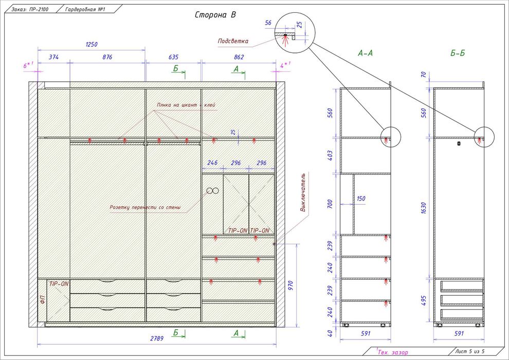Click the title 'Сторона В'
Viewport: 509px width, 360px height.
click(x=215, y=15)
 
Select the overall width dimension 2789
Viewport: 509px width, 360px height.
click(x=157, y=338)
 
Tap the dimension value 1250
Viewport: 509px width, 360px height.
click(x=92, y=44)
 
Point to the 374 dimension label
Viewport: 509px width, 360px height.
click(x=53, y=57)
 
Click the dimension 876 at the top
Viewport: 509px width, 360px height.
click(x=107, y=57)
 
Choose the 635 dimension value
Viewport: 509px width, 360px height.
click(x=173, y=57)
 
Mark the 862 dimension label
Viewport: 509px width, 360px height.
click(x=239, y=57)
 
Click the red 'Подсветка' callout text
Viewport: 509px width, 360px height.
click(x=233, y=41)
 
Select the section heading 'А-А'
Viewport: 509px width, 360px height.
click(x=365, y=53)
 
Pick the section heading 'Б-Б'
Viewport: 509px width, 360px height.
click(x=458, y=53)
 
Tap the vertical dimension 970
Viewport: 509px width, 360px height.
click(x=290, y=285)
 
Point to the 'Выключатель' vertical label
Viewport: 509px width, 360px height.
click(x=303, y=192)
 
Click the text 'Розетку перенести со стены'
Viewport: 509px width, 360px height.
click(x=145, y=207)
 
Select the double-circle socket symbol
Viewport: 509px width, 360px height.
click(x=213, y=191)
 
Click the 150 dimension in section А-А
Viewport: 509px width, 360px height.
click(x=361, y=199)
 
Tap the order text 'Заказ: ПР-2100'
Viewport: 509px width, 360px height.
click(x=30, y=9)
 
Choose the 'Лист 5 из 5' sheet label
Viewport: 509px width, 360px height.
click(x=475, y=351)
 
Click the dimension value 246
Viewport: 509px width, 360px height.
click(x=212, y=163)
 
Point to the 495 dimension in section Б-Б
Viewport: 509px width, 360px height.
click(x=424, y=300)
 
